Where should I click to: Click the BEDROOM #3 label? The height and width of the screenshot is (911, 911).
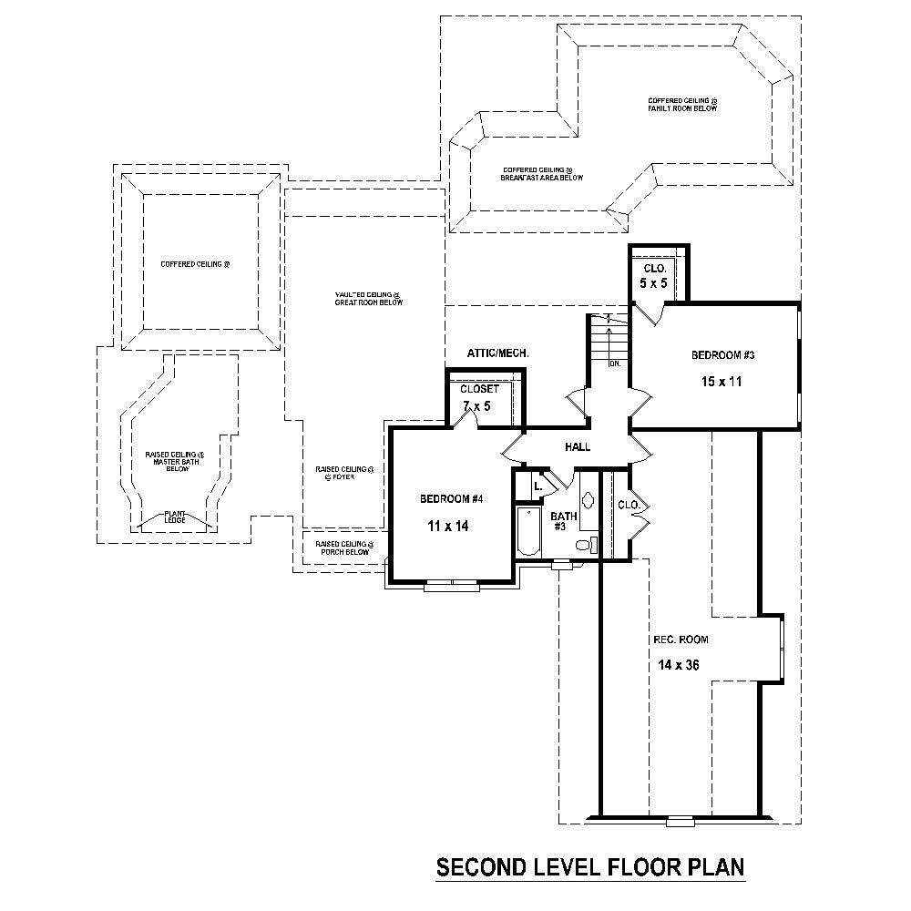pyautogui.click(x=717, y=355)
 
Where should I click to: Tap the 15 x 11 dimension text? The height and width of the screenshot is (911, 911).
pyautogui.click(x=717, y=382)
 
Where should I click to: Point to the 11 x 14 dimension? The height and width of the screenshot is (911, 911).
pyautogui.click(x=448, y=526)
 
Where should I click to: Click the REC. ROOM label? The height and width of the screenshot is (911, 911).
pyautogui.click(x=681, y=640)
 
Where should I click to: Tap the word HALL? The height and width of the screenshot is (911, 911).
pyautogui.click(x=578, y=447)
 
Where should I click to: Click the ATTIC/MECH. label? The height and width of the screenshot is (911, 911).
pyautogui.click(x=498, y=353)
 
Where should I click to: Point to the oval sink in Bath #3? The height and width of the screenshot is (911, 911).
pyautogui.click(x=588, y=500)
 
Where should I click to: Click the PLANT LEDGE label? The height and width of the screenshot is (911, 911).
pyautogui.click(x=175, y=517)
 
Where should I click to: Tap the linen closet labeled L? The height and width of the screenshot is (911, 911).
pyautogui.click(x=537, y=487)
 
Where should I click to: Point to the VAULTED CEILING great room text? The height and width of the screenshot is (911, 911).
pyautogui.click(x=368, y=298)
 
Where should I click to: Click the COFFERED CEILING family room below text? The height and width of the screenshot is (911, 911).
pyautogui.click(x=682, y=104)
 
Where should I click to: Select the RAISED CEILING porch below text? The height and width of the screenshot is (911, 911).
pyautogui.click(x=343, y=548)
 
